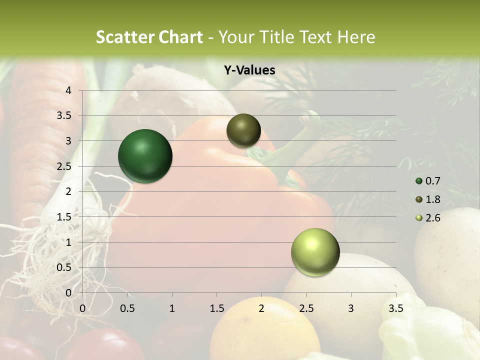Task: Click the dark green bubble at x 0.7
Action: pyautogui.click(x=145, y=156)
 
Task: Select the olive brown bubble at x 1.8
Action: pyautogui.click(x=243, y=130)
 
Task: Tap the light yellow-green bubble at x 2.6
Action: pyautogui.click(x=315, y=252)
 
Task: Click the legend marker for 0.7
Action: pyautogui.click(x=419, y=181)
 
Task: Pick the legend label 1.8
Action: pyautogui.click(x=432, y=199)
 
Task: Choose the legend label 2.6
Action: pyautogui.click(x=432, y=218)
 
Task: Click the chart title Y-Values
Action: pyautogui.click(x=249, y=70)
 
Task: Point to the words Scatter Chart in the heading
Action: pyautogui.click(x=149, y=37)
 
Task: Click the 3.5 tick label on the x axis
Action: pyautogui.click(x=396, y=308)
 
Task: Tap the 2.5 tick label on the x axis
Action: pyautogui.click(x=306, y=308)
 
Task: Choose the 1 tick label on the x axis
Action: pyautogui.click(x=172, y=308)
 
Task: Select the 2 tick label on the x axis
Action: pyautogui.click(x=261, y=308)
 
